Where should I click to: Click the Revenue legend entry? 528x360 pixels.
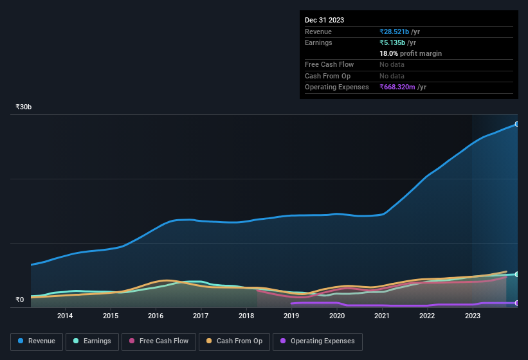pyautogui.click(x=37, y=341)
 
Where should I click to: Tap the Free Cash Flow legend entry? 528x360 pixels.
pyautogui.click(x=159, y=341)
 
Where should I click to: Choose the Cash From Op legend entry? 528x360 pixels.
pyautogui.click(x=233, y=341)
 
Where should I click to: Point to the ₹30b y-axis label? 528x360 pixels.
pyautogui.click(x=24, y=107)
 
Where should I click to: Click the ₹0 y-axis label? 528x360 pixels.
pyautogui.click(x=19, y=300)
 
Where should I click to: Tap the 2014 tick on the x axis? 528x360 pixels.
pyautogui.click(x=64, y=316)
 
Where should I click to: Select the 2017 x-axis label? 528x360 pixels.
pyautogui.click(x=201, y=316)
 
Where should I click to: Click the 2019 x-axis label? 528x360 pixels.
pyautogui.click(x=291, y=316)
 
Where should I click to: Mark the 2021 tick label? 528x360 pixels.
pyautogui.click(x=382, y=316)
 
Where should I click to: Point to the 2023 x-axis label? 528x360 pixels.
pyautogui.click(x=473, y=316)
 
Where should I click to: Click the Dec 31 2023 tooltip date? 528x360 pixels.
pyautogui.click(x=324, y=20)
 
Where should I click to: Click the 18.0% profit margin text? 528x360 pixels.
pyautogui.click(x=410, y=53)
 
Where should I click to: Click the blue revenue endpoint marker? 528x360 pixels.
pyautogui.click(x=517, y=124)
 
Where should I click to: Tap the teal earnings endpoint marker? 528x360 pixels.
pyautogui.click(x=517, y=274)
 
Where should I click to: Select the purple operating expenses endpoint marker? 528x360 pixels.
pyautogui.click(x=517, y=303)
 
